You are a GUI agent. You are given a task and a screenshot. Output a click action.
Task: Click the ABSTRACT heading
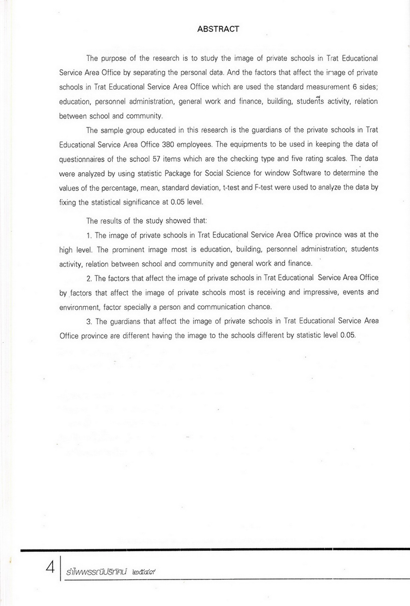(x=218, y=29)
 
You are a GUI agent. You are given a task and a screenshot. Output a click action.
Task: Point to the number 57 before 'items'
(x=156, y=159)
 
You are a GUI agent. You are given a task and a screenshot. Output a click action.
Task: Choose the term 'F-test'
(x=265, y=188)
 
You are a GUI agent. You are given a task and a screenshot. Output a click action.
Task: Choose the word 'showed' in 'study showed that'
(x=178, y=221)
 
